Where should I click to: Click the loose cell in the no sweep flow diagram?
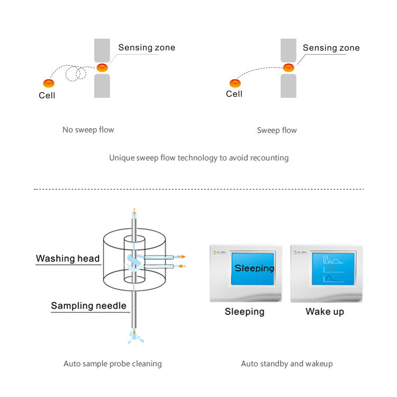(48, 83)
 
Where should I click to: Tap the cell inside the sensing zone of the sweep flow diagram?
(288, 68)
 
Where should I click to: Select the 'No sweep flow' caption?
(88, 130)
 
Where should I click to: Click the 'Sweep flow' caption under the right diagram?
(277, 130)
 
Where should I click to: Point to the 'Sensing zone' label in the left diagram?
(147, 48)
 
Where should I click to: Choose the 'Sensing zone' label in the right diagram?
(331, 48)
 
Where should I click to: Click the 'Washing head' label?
(68, 258)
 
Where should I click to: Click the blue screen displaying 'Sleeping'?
(254, 268)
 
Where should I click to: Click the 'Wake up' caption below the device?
(324, 311)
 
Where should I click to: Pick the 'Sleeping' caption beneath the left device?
(245, 311)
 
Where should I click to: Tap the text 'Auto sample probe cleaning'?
(113, 364)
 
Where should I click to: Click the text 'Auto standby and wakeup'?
(287, 364)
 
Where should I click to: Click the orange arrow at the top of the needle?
(134, 212)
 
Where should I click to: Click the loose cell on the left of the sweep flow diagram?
(235, 83)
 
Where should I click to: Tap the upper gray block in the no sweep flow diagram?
(102, 51)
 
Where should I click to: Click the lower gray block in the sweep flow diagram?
(288, 86)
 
